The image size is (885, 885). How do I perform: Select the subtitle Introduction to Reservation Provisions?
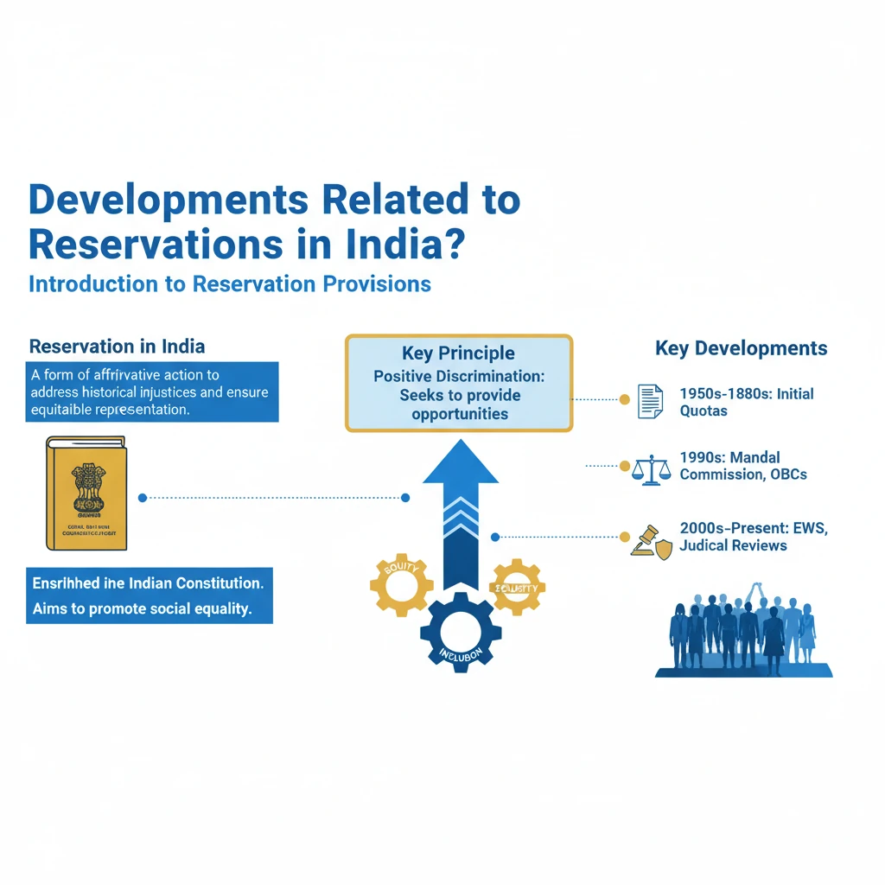(x=229, y=283)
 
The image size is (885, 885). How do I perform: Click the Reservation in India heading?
(x=117, y=347)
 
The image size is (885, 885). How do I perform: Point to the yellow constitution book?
(x=86, y=493)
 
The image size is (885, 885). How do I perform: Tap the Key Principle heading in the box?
(x=458, y=353)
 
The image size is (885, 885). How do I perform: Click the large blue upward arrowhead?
(x=460, y=462)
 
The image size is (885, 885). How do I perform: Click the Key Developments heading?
(x=741, y=349)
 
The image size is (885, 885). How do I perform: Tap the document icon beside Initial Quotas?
(x=650, y=401)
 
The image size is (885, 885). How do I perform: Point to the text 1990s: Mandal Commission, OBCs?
(x=743, y=466)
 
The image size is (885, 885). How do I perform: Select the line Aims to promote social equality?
(x=142, y=608)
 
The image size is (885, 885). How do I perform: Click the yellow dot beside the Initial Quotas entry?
(x=624, y=399)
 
